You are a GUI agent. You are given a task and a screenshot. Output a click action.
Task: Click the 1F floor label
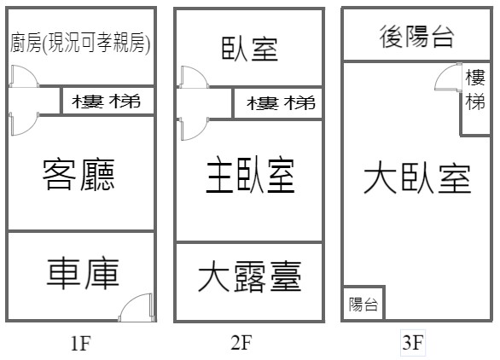80,343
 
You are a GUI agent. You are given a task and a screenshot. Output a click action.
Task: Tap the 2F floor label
241,342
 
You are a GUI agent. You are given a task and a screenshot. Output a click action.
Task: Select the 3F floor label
413,342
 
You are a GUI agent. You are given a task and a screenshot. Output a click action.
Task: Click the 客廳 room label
78,174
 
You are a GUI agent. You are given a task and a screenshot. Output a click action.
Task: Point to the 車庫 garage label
83,274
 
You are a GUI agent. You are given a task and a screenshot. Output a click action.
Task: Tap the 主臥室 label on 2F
250,175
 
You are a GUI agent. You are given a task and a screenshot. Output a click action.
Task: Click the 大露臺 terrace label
250,276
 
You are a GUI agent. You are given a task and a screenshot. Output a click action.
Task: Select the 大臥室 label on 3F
417,178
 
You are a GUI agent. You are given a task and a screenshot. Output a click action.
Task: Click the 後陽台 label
416,37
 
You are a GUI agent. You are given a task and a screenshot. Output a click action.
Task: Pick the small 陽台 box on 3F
363,304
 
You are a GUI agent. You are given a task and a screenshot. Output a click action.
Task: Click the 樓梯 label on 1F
106,102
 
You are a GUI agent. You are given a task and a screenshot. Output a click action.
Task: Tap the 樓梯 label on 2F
281,103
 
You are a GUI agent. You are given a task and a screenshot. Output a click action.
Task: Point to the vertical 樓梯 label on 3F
475,90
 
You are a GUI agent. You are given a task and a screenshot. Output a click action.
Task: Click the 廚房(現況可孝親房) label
80,43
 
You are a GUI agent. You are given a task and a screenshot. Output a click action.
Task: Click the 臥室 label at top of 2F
250,49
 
